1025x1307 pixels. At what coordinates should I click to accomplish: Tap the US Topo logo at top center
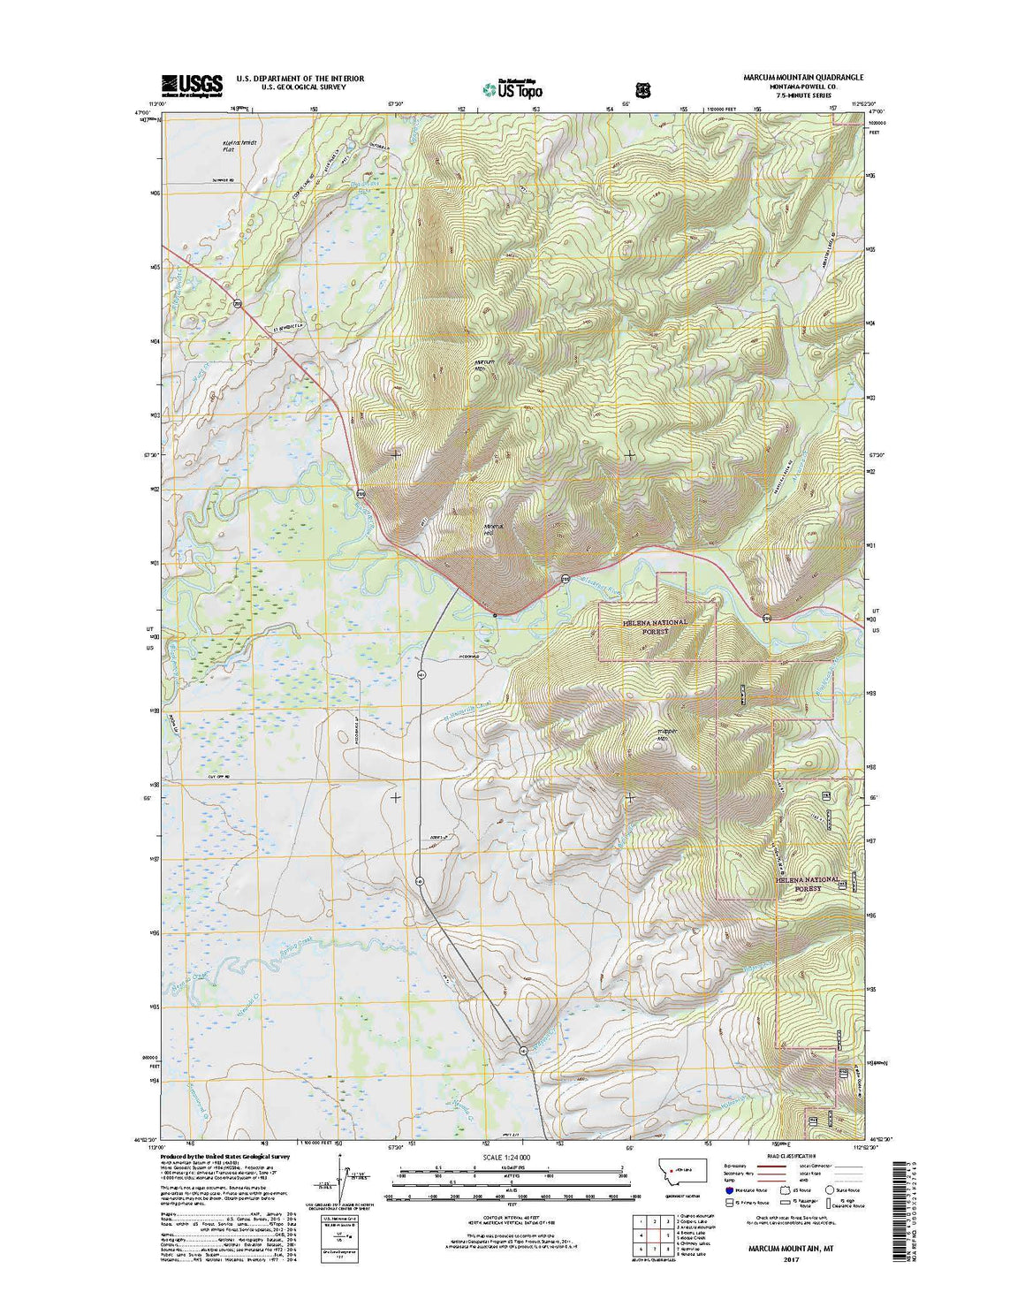coord(513,87)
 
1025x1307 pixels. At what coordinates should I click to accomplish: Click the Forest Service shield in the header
coord(642,89)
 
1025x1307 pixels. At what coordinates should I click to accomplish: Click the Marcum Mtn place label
coord(487,363)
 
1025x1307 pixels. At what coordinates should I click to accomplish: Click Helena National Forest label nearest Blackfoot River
coord(655,627)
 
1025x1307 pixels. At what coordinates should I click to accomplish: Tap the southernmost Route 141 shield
coord(523,1051)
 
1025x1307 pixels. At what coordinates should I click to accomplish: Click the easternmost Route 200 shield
coord(767,618)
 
